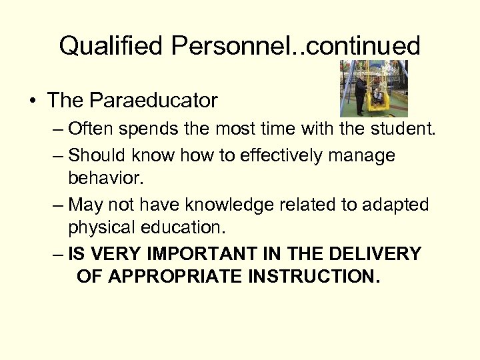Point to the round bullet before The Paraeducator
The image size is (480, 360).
pyautogui.click(x=32, y=101)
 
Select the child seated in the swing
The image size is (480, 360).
pyautogui.click(x=378, y=95)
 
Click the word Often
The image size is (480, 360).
pyautogui.click(x=91, y=128)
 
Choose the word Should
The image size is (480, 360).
pyautogui.click(x=95, y=155)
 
